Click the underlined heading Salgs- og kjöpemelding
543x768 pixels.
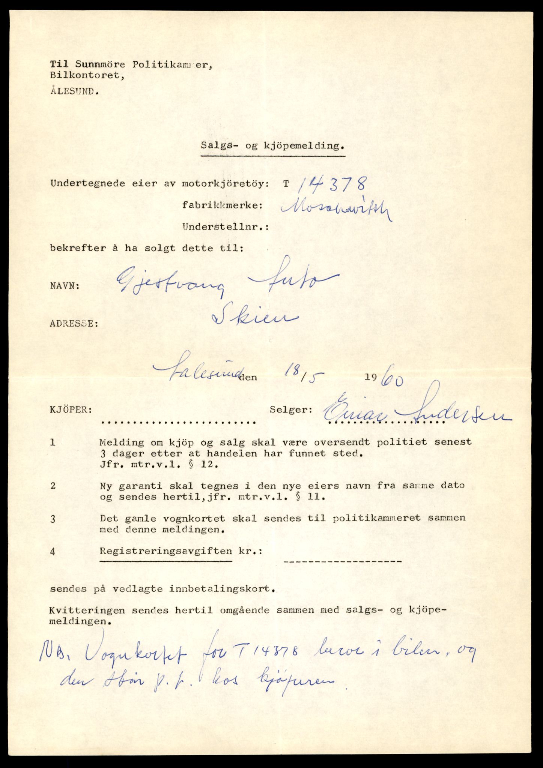(x=272, y=146)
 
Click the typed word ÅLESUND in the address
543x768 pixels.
(x=75, y=91)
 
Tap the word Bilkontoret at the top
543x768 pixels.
(x=86, y=75)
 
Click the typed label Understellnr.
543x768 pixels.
(x=225, y=227)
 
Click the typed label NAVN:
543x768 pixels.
(x=64, y=286)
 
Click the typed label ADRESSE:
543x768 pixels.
(x=74, y=323)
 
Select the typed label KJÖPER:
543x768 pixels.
(x=71, y=409)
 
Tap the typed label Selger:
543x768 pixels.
(x=291, y=409)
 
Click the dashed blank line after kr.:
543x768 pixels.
(x=343, y=561)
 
